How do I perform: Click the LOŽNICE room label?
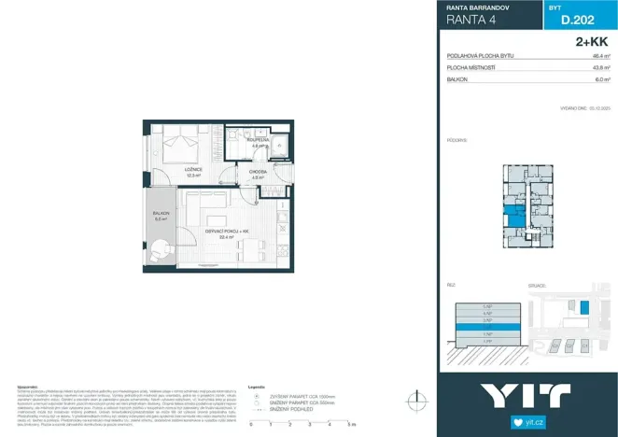pyautogui.click(x=191, y=169)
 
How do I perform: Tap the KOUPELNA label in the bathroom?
pyautogui.click(x=259, y=141)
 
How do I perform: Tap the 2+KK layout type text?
pyautogui.click(x=594, y=42)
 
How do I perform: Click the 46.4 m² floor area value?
pyautogui.click(x=597, y=56)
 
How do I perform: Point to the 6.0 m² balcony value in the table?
pyautogui.click(x=599, y=79)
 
